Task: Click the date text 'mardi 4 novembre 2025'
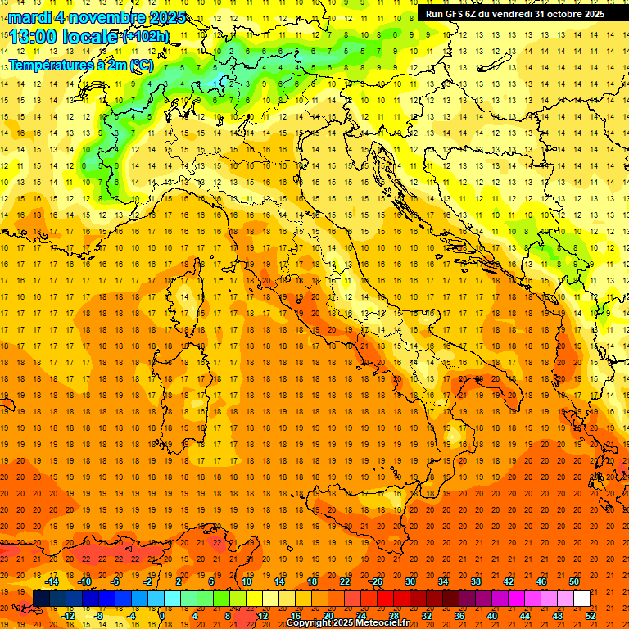click(x=97, y=17)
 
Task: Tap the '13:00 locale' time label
click(x=64, y=38)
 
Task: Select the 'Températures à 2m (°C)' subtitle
click(x=79, y=65)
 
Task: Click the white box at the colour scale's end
click(x=581, y=599)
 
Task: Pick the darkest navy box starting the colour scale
click(x=41, y=599)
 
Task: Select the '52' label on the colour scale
click(x=591, y=616)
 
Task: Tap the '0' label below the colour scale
click(x=162, y=616)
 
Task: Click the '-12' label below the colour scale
click(x=68, y=616)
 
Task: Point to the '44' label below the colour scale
click(x=525, y=616)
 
